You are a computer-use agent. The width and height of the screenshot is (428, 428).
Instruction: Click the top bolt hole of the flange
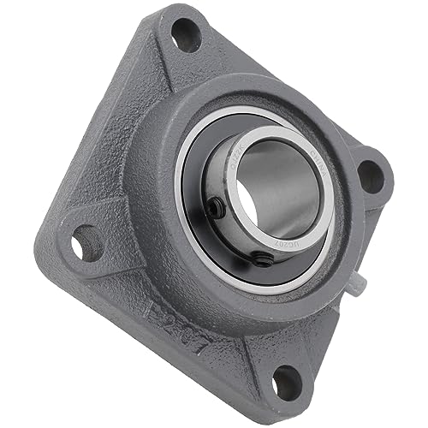click(x=186, y=33)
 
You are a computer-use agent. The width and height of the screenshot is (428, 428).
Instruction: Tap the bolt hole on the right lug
click(x=371, y=175)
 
